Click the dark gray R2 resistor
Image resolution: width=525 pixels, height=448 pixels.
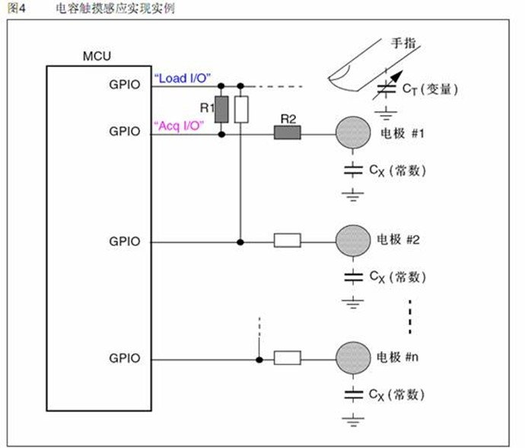pyautogui.click(x=288, y=134)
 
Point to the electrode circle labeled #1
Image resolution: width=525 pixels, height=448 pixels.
pyautogui.click(x=353, y=133)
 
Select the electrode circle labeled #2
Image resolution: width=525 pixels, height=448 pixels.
pyautogui.click(x=353, y=241)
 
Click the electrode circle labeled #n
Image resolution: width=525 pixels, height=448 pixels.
pyautogui.click(x=353, y=357)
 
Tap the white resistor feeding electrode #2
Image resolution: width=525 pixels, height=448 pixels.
pyautogui.click(x=288, y=242)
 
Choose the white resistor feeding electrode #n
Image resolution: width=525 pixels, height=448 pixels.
pyautogui.click(x=288, y=357)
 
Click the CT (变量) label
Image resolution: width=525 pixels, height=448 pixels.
pyautogui.click(x=431, y=90)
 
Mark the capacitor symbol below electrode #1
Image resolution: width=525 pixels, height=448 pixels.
pyautogui.click(x=353, y=170)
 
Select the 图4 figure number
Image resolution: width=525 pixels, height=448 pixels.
pyautogui.click(x=16, y=8)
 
